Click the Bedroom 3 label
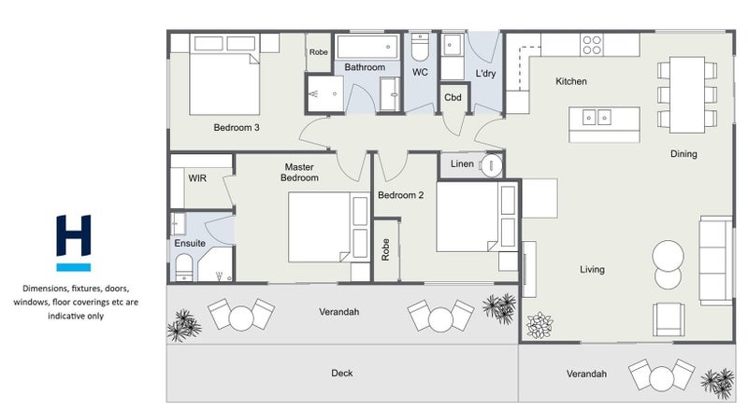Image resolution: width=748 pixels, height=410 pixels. click(237, 128)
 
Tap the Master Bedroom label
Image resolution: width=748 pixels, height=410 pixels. click(299, 172)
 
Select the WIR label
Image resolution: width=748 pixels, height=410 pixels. click(197, 178)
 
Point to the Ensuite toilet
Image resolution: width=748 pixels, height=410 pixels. click(184, 267)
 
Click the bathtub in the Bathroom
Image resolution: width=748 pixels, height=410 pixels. click(367, 47)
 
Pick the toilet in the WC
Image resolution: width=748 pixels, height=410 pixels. click(420, 47)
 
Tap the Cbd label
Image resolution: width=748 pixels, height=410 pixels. click(453, 98)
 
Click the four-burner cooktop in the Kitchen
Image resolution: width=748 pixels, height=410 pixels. click(592, 45)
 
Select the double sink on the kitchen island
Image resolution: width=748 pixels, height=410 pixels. click(597, 117)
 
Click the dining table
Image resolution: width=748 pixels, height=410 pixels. click(687, 95)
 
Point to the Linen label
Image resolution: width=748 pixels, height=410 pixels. click(462, 164)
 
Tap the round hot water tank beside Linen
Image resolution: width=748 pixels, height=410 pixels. click(492, 165)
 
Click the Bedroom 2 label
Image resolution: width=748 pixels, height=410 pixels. click(401, 195)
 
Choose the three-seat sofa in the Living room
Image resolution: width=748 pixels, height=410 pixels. click(715, 261)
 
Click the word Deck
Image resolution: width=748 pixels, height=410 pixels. click(342, 373)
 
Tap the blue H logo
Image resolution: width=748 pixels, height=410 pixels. click(74, 243)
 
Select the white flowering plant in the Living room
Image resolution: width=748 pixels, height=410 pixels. click(539, 325)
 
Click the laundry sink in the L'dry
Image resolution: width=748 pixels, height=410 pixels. click(452, 45)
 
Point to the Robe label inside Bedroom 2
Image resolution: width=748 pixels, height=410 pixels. click(385, 249)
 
